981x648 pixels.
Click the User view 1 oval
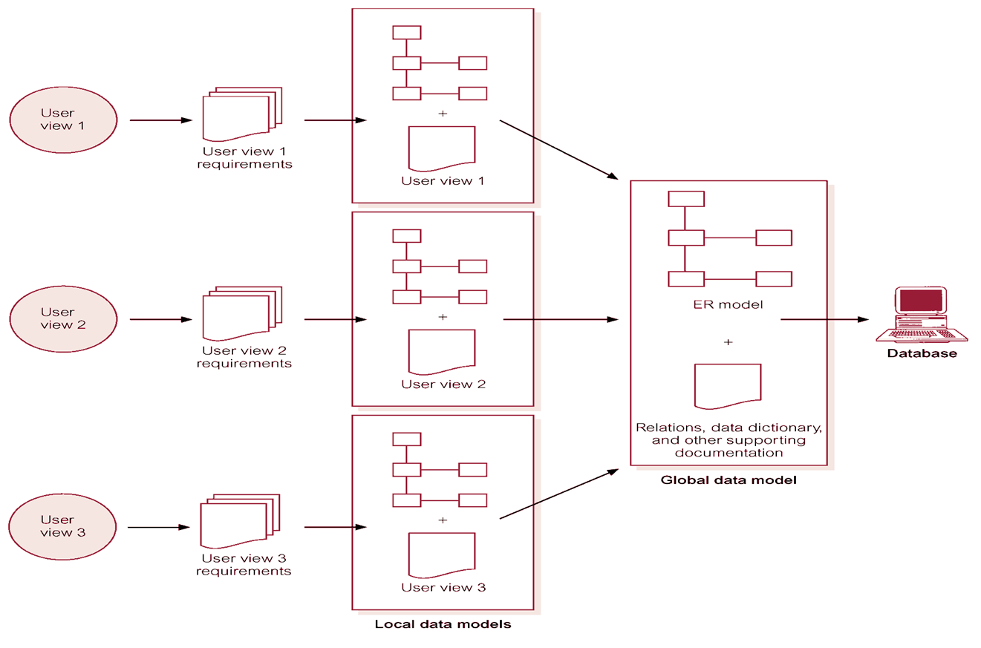click(x=63, y=120)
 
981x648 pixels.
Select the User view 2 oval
click(x=63, y=318)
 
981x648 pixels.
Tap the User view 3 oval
click(x=63, y=526)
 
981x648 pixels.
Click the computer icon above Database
click(x=920, y=314)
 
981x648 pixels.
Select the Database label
click(x=922, y=354)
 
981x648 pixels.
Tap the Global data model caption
click(x=728, y=480)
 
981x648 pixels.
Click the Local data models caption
click(x=443, y=624)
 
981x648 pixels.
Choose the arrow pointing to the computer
click(x=824, y=319)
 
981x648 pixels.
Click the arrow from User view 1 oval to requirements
click(x=160, y=120)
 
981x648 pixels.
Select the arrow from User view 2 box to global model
click(x=561, y=319)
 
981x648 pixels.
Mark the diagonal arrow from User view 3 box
click(x=559, y=494)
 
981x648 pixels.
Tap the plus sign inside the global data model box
click(x=728, y=342)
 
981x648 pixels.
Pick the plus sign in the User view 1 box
click(x=443, y=114)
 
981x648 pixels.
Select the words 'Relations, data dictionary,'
click(x=728, y=428)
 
